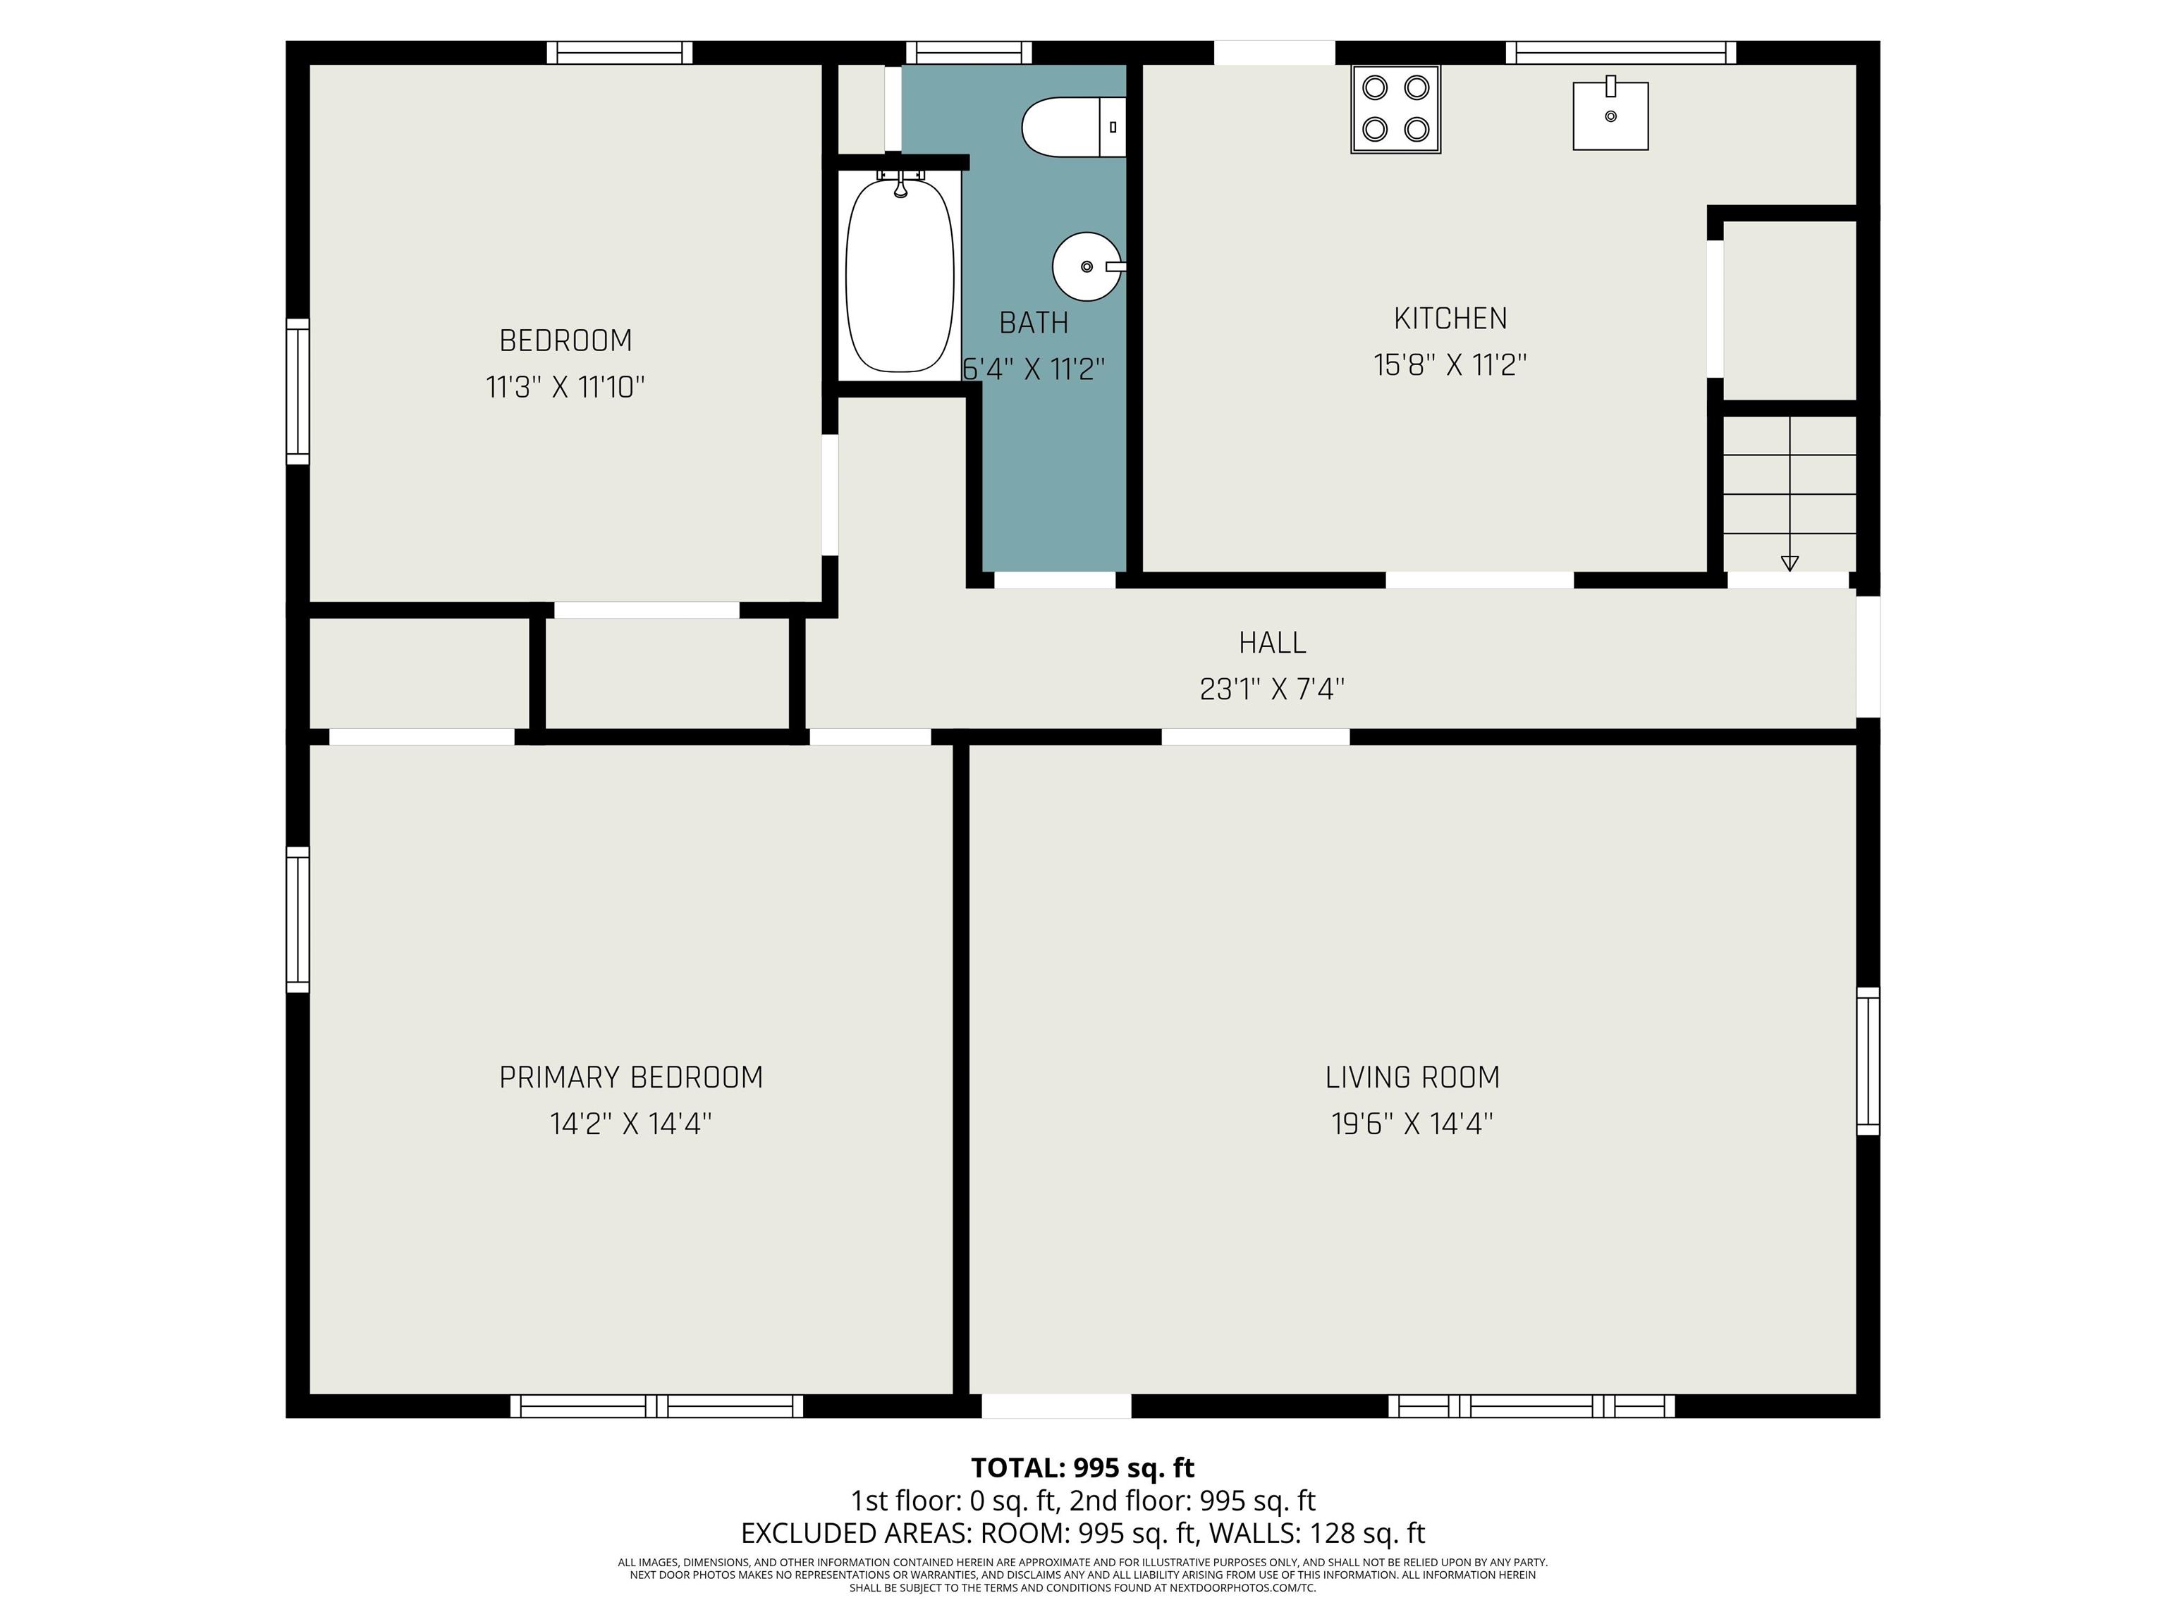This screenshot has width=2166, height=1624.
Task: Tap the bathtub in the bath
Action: click(x=900, y=275)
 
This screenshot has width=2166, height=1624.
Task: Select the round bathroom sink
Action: click(x=1088, y=266)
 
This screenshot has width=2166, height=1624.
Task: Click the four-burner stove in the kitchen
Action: click(x=1395, y=109)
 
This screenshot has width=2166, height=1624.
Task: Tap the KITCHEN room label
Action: click(x=1450, y=318)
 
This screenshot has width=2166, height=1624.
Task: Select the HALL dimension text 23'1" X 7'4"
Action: click(x=1272, y=689)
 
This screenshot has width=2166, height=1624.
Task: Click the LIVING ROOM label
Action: click(x=1412, y=1077)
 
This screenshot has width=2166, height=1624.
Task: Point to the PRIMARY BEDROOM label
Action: click(x=630, y=1077)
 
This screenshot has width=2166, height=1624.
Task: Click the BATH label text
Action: click(x=1034, y=322)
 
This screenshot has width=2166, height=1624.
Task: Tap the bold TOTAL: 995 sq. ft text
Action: click(x=1082, y=1468)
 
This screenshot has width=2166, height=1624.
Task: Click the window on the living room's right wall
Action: click(x=1868, y=1061)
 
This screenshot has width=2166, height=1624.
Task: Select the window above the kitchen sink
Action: click(x=1620, y=52)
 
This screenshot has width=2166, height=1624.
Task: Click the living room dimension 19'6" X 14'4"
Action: click(x=1412, y=1123)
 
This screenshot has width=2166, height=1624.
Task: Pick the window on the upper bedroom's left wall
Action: click(x=298, y=390)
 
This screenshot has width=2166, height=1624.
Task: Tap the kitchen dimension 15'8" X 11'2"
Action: click(x=1450, y=364)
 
